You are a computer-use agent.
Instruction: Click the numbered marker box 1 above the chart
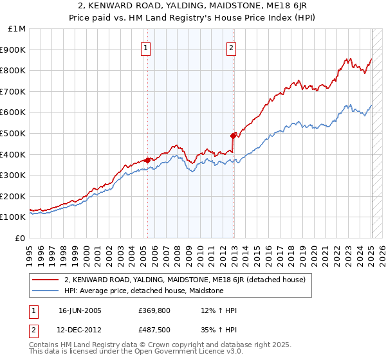146,48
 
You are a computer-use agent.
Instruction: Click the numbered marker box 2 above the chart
231,48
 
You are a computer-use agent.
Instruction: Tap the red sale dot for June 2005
148,160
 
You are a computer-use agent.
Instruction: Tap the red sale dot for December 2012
233,136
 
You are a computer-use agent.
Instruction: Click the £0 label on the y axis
21,238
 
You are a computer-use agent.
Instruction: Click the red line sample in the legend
46,280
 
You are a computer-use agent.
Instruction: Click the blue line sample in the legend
46,291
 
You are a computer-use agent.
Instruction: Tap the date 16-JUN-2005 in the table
80,310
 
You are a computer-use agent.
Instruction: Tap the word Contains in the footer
44,345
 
